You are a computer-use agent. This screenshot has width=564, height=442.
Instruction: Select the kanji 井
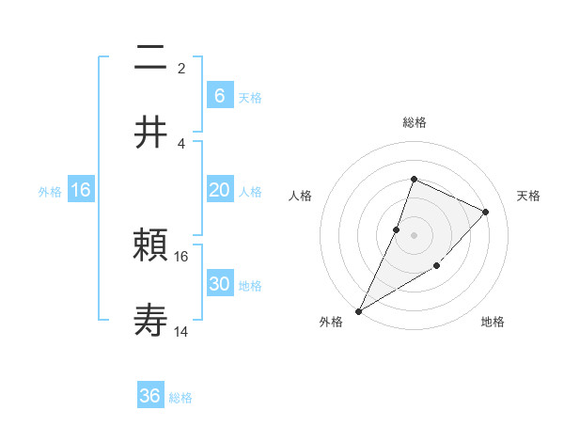[151, 132]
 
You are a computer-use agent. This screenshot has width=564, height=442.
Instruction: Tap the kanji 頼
[151, 247]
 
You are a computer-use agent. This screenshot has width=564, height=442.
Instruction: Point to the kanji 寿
[151, 321]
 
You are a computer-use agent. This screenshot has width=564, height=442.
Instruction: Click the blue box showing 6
[219, 96]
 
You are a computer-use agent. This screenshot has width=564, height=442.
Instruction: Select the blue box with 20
[219, 190]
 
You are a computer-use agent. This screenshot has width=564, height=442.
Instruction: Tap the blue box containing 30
[219, 284]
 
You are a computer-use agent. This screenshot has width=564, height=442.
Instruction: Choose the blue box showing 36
[150, 396]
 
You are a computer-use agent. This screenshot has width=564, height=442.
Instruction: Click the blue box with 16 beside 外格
[81, 190]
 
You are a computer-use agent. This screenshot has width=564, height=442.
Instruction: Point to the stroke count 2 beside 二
[180, 68]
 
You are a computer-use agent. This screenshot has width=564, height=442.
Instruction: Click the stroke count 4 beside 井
[180, 143]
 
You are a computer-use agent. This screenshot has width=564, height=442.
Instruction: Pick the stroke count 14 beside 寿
[181, 331]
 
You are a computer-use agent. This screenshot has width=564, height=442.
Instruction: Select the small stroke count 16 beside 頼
[181, 256]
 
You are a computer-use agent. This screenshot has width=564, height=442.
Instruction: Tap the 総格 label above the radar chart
[414, 122]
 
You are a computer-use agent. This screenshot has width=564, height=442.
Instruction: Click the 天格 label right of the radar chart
[528, 196]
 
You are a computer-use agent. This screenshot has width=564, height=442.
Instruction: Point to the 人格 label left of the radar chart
[300, 196]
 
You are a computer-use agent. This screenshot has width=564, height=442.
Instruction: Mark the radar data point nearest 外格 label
[358, 310]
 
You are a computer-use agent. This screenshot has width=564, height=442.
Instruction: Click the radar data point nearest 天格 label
[485, 212]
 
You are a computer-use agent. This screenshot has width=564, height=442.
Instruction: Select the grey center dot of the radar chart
[414, 234]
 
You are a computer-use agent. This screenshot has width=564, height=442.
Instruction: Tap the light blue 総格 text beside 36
[180, 398]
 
